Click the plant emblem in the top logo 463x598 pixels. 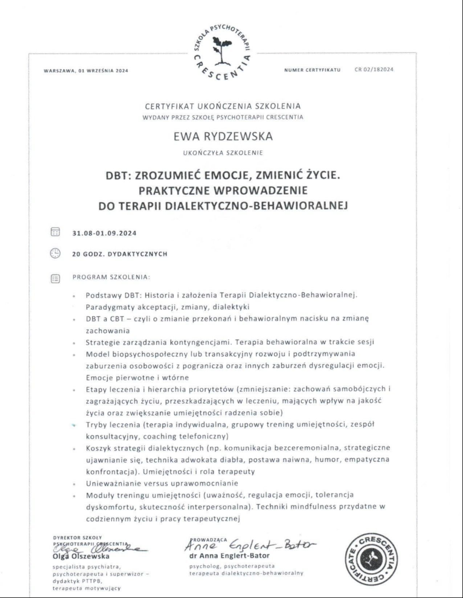click(219, 50)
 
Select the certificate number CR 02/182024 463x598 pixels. click(374, 70)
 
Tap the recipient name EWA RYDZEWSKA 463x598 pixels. click(223, 136)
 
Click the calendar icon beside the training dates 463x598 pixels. click(55, 232)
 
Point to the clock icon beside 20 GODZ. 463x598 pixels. click(55, 253)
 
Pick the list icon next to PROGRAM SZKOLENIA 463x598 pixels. click(55, 279)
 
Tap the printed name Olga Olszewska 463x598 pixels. click(81, 556)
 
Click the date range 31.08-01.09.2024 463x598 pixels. click(105, 233)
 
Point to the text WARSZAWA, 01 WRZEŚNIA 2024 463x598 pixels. click(86, 71)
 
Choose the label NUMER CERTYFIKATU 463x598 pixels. click(312, 70)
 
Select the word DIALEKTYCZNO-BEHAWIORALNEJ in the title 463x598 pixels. click(257, 206)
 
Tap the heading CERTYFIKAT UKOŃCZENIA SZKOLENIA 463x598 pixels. click(223, 106)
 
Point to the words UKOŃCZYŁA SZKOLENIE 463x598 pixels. click(223, 153)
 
